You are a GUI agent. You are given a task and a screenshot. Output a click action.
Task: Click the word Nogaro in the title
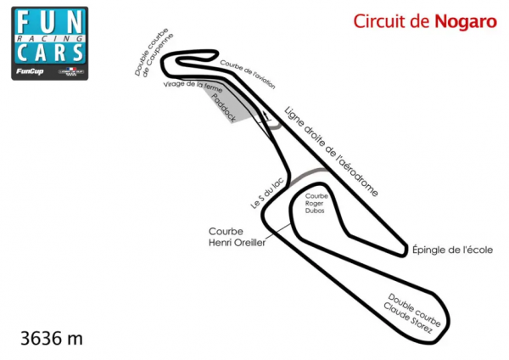click(466, 21)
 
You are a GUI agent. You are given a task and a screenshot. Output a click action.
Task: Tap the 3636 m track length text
click(52, 339)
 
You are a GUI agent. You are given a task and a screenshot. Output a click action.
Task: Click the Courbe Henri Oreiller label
click(237, 237)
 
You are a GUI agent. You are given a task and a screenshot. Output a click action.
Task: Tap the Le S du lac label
click(261, 192)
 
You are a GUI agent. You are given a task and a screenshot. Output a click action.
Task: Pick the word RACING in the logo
click(52, 38)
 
